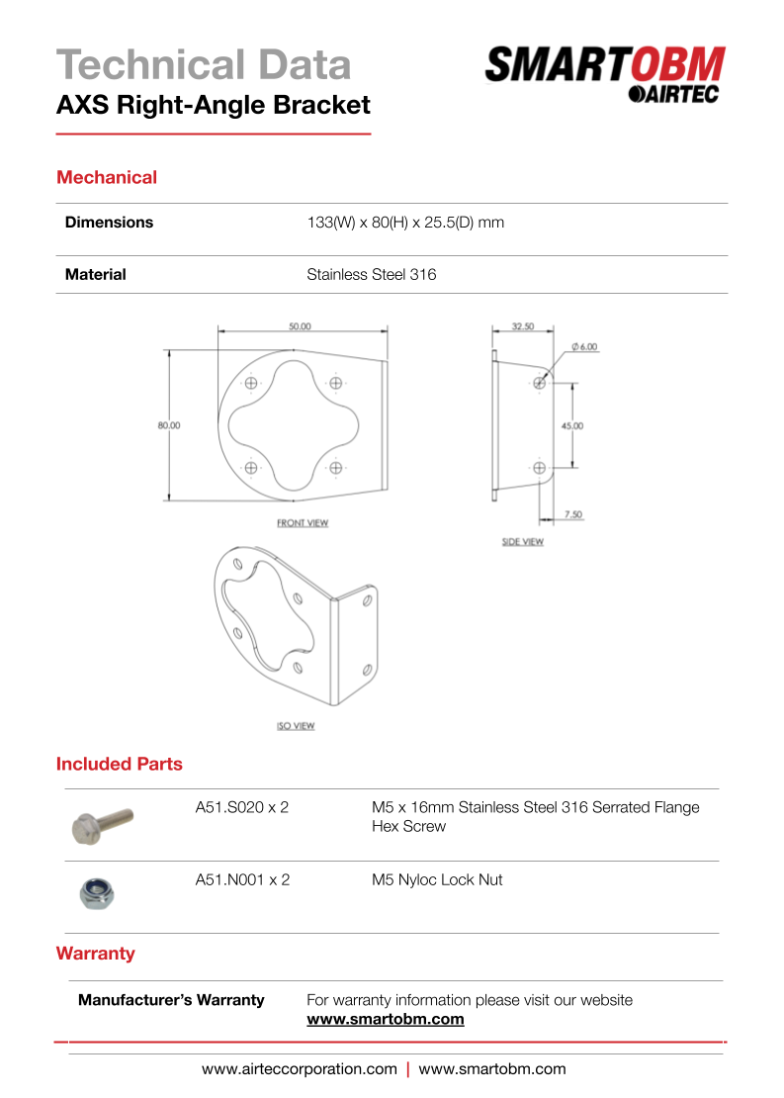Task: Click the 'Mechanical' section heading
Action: pos(107,178)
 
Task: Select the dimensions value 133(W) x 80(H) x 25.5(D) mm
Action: pos(405,223)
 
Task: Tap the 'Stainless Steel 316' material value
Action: pos(371,275)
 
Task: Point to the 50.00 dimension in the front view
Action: pos(300,326)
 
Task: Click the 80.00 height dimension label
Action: pos(169,425)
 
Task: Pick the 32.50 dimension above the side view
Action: pos(523,326)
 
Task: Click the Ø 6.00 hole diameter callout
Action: pos(584,347)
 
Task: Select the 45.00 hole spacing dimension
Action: pos(572,425)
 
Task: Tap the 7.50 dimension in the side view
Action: pos(572,514)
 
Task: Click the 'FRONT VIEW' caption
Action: pos(303,523)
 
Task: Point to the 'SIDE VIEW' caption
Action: pos(523,542)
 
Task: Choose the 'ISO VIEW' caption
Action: pos(296,726)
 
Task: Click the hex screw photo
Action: pos(103,823)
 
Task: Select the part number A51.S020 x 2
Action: pos(242,808)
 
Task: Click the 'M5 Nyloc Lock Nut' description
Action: pos(437,880)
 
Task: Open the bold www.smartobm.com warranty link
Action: pos(386,1020)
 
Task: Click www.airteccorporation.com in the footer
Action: pos(300,1069)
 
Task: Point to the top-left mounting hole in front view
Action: pos(251,384)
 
